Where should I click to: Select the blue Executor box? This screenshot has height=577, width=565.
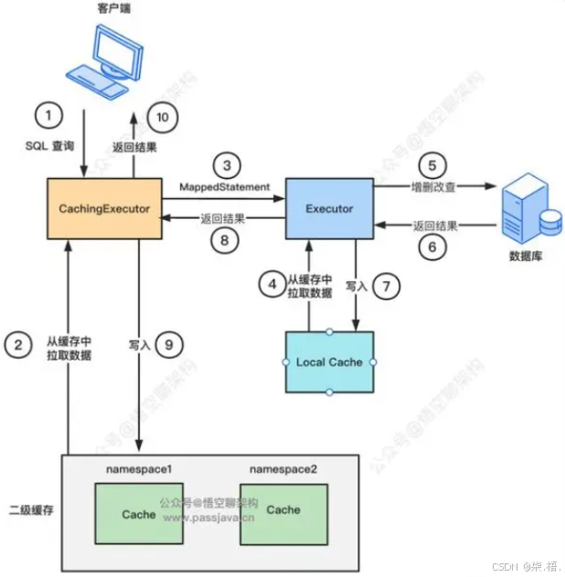tap(329, 209)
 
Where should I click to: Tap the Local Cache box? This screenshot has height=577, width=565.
tap(329, 362)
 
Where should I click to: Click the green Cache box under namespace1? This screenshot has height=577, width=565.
tap(139, 514)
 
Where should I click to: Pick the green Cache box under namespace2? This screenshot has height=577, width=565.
tap(283, 509)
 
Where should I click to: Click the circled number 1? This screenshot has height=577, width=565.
tap(48, 116)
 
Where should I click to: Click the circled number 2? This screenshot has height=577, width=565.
tap(16, 344)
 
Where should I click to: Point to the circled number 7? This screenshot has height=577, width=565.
tap(388, 285)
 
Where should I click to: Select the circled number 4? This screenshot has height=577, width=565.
tap(272, 285)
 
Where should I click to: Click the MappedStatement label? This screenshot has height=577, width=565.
tap(225, 186)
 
